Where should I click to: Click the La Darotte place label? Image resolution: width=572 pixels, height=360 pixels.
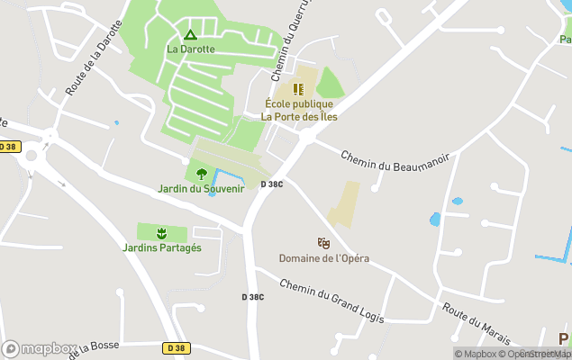click(190, 49)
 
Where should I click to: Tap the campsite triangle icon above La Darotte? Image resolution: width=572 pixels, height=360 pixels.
click(190, 35)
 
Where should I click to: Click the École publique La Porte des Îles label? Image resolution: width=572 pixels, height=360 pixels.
click(297, 110)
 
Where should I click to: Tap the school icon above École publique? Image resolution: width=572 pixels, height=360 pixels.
click(298, 89)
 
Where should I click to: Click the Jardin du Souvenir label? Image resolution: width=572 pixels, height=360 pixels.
click(201, 188)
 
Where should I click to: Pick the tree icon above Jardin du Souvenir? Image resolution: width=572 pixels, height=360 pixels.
click(201, 174)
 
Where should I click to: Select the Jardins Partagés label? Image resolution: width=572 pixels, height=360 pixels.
click(162, 247)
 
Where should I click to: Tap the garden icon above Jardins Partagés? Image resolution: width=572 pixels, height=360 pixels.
click(162, 233)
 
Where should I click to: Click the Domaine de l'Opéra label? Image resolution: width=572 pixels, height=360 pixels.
click(323, 258)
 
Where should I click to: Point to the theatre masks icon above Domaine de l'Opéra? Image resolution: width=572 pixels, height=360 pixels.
click(323, 243)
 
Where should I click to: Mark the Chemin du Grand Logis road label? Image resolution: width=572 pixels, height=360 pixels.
click(331, 300)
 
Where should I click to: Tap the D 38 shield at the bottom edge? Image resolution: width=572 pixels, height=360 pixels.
click(177, 347)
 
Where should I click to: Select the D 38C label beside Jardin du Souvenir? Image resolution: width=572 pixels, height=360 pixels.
click(272, 184)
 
